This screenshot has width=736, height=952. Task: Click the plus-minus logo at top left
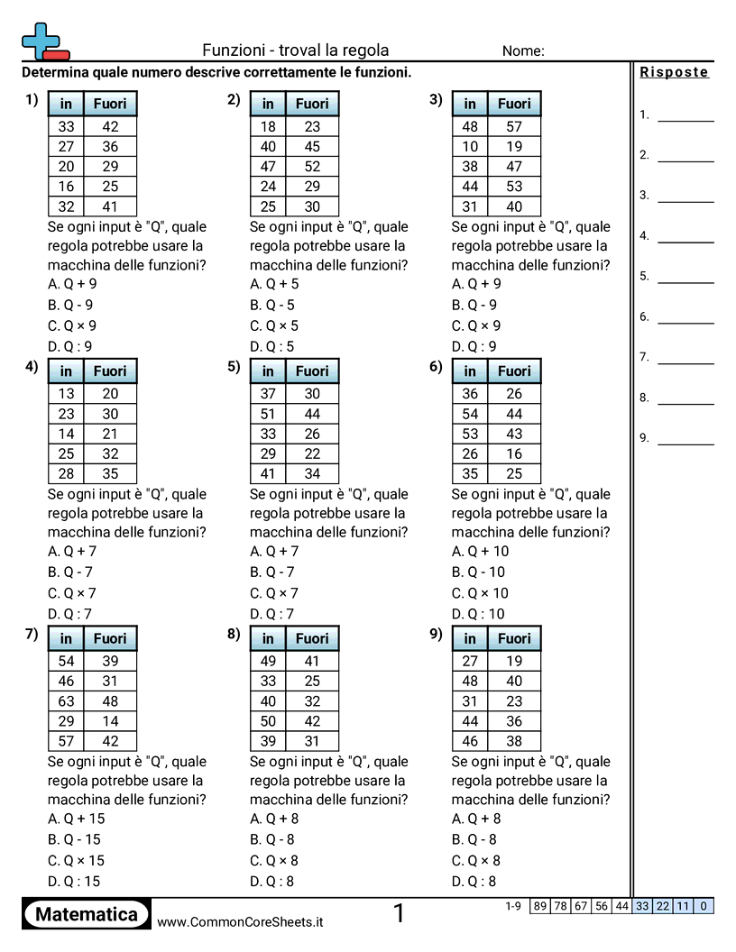tap(44, 41)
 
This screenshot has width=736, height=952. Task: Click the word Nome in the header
tap(523, 51)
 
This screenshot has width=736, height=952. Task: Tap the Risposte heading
tap(674, 73)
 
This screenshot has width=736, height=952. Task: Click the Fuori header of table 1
tap(110, 104)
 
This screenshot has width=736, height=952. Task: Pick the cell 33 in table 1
tap(66, 127)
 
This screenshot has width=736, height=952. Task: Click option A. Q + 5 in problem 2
tap(274, 284)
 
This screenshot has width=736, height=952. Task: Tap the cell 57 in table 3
tap(514, 127)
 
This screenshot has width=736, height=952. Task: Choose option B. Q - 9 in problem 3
tap(474, 305)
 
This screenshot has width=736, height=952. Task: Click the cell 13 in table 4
tap(66, 393)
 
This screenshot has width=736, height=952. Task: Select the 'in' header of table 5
tap(268, 371)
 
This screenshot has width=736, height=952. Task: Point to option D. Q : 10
tap(479, 614)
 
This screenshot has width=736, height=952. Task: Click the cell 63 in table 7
tap(66, 700)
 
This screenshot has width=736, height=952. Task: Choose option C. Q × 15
tap(76, 860)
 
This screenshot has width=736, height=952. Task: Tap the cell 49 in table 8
tap(268, 661)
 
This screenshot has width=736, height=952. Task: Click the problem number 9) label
tap(437, 635)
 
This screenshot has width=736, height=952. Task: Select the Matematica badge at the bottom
tap(87, 914)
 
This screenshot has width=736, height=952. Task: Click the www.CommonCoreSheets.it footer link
tap(240, 921)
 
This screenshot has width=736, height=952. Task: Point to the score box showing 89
tap(539, 906)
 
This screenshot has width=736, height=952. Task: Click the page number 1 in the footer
tap(399, 914)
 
